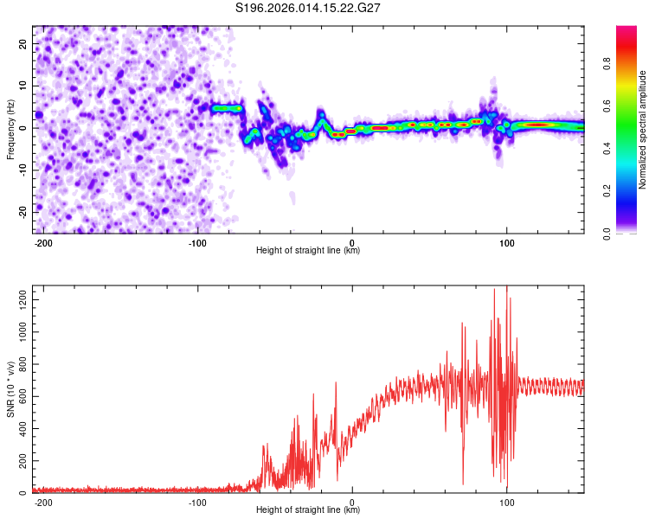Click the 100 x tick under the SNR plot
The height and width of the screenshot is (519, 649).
click(x=506, y=502)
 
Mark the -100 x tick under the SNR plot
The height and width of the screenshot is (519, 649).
click(x=197, y=502)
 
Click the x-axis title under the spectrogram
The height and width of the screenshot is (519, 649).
click(x=308, y=251)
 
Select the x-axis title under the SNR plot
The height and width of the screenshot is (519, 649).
click(x=308, y=510)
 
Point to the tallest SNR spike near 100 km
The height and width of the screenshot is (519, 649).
click(x=506, y=288)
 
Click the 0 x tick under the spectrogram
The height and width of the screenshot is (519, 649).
click(x=352, y=242)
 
